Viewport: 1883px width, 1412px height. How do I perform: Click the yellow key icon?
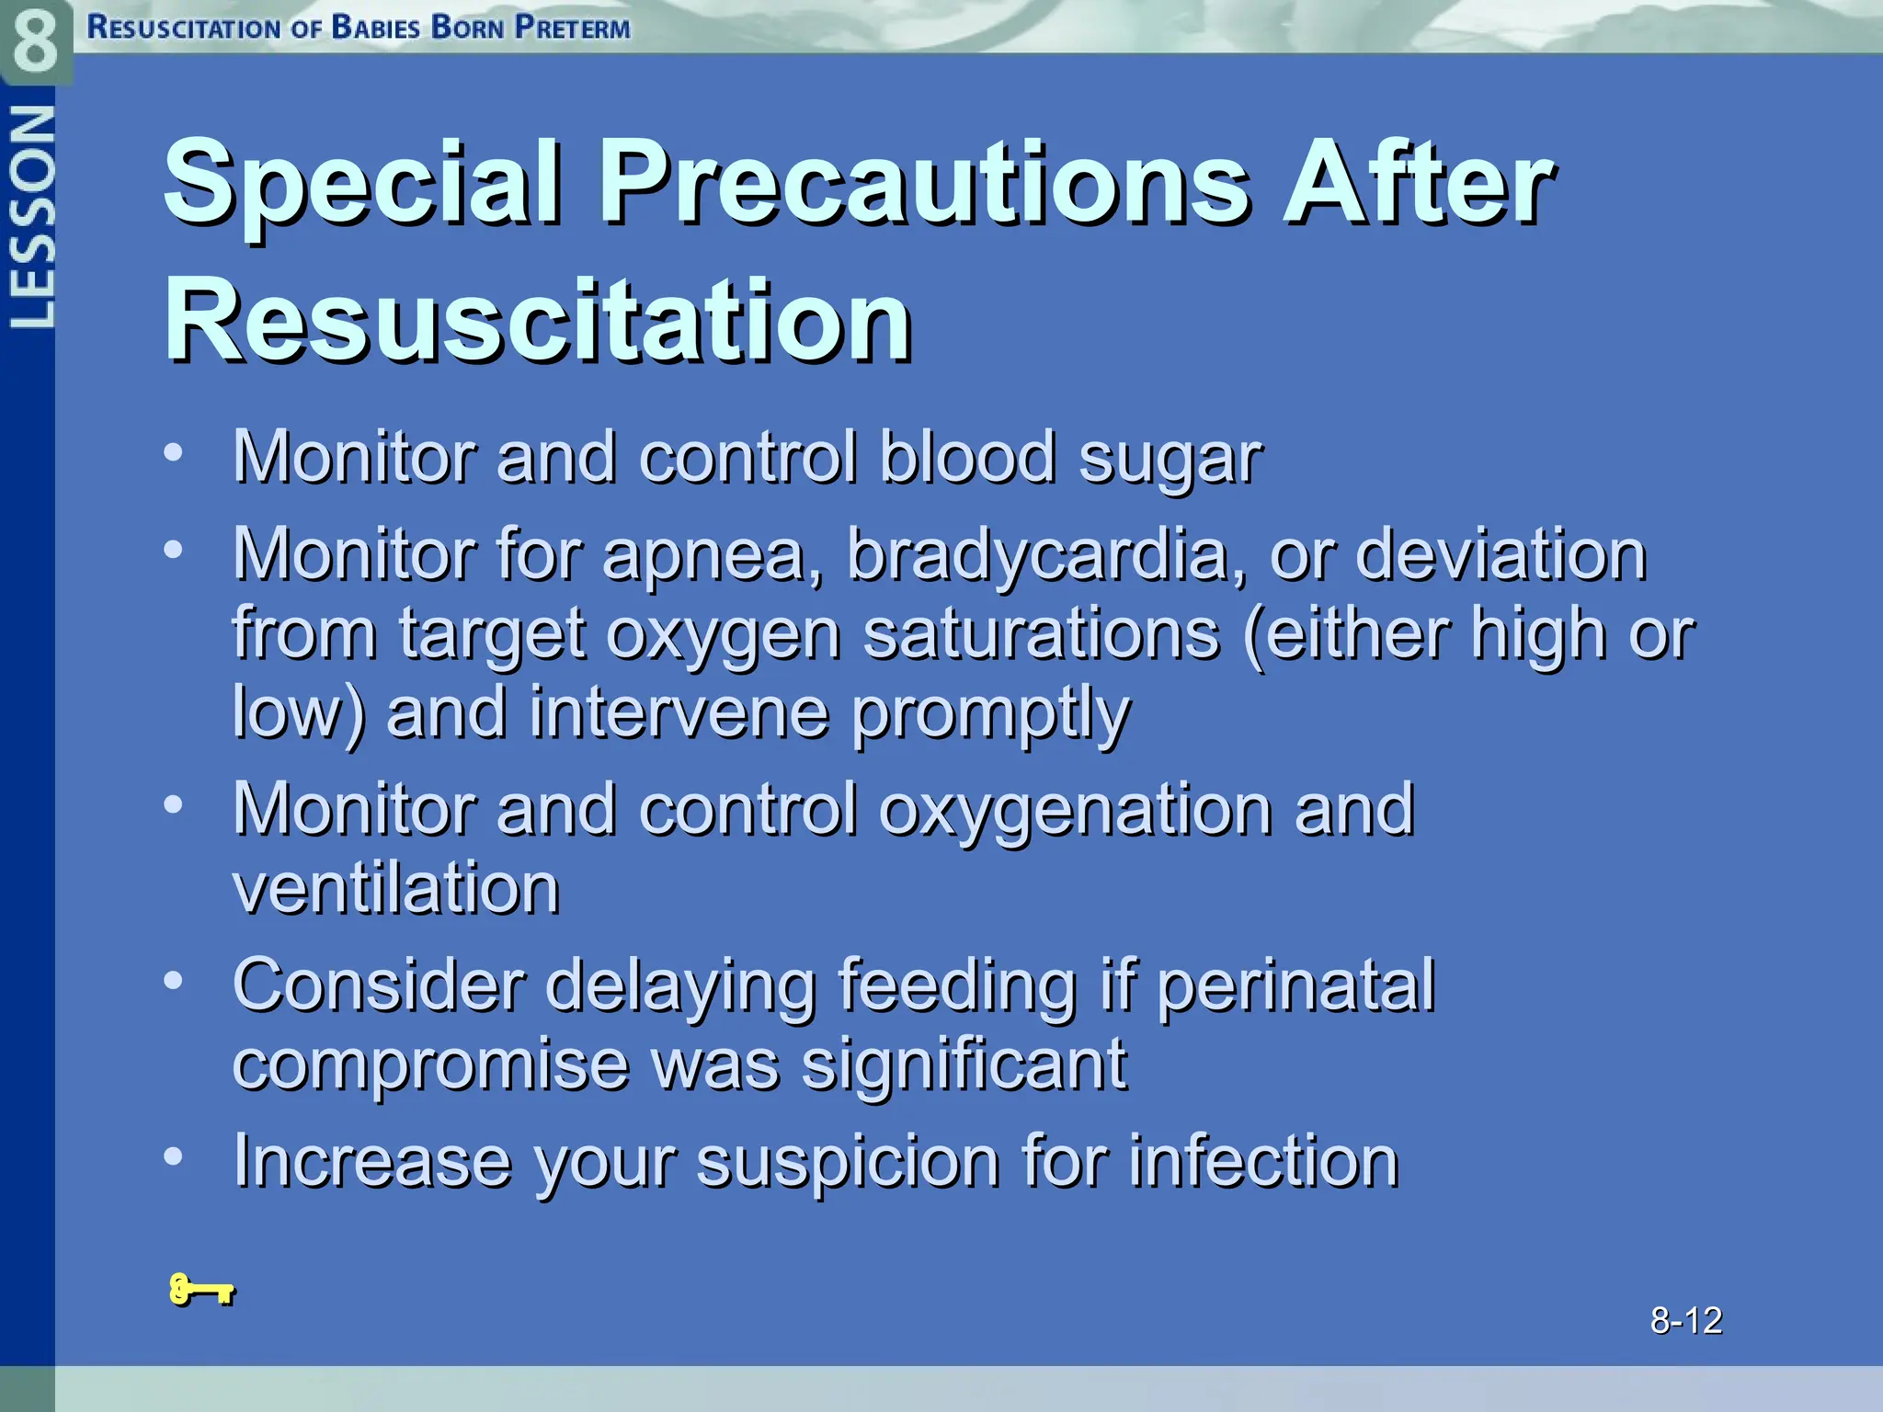tap(201, 1290)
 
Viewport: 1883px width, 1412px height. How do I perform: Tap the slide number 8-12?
tap(1685, 1320)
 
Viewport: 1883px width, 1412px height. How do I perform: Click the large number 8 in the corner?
tap(35, 41)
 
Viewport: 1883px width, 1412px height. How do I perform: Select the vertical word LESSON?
tap(31, 217)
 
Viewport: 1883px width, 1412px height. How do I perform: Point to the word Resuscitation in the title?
tap(538, 321)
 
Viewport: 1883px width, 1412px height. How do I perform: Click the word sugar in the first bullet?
tap(1170, 458)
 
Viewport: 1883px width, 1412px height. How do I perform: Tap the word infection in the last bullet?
tap(1263, 1161)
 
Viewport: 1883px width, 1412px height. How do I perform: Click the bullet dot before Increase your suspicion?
tap(173, 1156)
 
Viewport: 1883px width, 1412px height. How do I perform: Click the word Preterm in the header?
tap(572, 28)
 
